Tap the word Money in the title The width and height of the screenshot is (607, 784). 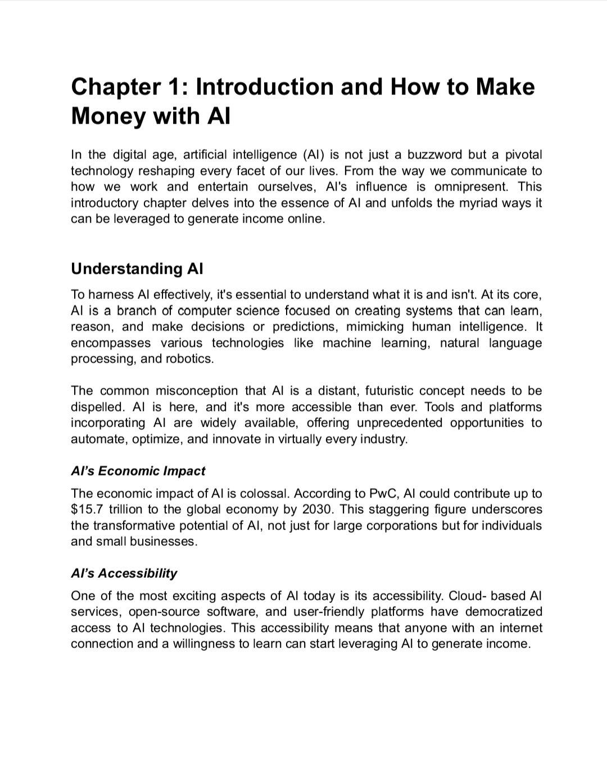tap(107, 116)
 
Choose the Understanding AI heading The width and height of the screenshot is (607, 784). tap(137, 269)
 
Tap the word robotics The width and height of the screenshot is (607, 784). tap(189, 359)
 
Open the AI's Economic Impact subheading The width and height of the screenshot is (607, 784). tap(138, 471)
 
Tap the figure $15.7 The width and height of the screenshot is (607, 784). tap(87, 510)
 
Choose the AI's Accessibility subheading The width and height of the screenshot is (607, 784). tap(124, 573)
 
